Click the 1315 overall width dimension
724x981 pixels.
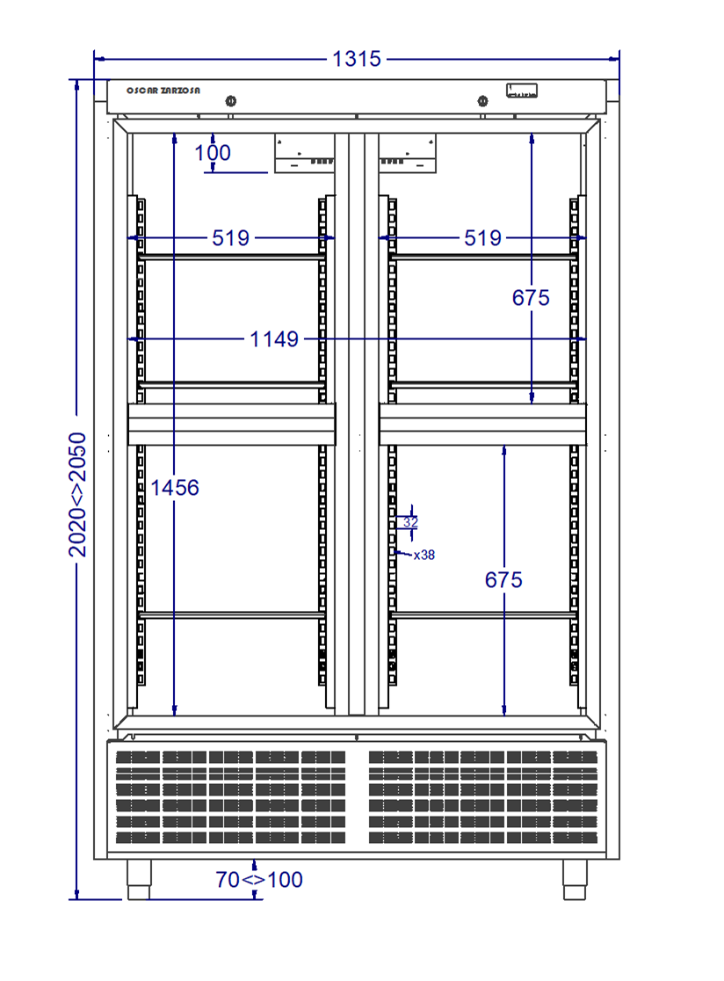[357, 59]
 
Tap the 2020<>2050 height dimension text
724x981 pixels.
[77, 494]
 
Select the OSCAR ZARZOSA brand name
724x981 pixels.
[163, 91]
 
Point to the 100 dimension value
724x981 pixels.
[213, 153]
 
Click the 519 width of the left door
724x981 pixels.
[231, 237]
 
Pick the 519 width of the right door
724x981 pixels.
[482, 237]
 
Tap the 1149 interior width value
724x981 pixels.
[274, 339]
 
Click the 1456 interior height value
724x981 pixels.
[175, 487]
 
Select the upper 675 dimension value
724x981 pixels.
[531, 298]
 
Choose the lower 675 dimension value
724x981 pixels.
[504, 580]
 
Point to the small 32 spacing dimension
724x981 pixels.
[410, 522]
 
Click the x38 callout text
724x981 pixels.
[424, 555]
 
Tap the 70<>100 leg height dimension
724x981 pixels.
[259, 880]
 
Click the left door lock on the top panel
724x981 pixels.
[231, 101]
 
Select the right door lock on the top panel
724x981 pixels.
[482, 101]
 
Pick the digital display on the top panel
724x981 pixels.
[521, 91]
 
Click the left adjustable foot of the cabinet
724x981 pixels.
[139, 880]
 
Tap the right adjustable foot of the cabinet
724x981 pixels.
[575, 880]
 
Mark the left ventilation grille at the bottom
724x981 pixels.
[231, 797]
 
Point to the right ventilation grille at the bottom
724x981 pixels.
[483, 797]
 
